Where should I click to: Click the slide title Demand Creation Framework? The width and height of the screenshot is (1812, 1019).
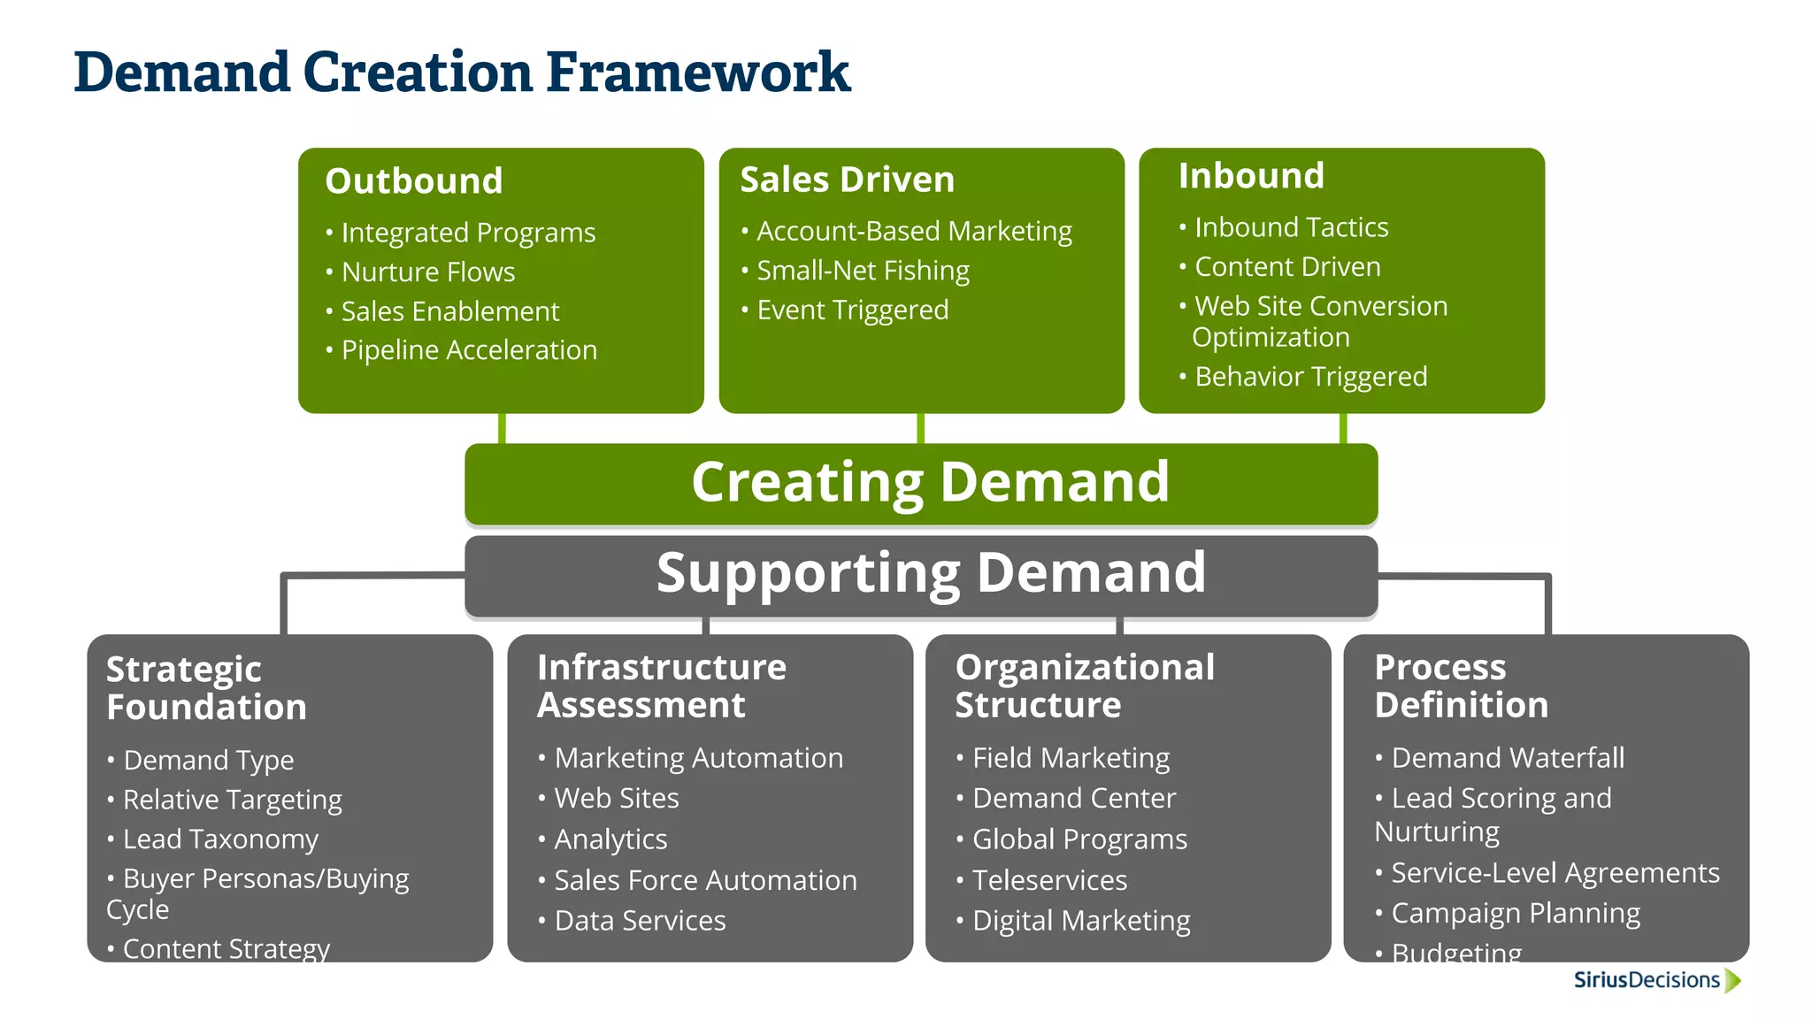461,73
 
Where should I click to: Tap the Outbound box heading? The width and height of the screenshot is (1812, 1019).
413,181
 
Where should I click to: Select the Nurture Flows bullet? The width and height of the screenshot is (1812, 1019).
427,272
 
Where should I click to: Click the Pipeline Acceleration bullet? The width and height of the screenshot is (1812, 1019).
468,350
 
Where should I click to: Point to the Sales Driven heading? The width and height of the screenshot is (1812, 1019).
847,180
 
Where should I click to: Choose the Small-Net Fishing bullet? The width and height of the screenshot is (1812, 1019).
863,271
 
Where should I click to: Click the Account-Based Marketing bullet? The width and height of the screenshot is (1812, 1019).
913,232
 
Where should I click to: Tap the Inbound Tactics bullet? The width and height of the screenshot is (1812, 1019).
1290,228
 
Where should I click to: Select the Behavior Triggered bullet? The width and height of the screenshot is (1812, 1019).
1310,377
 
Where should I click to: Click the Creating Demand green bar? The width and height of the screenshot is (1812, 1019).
921,483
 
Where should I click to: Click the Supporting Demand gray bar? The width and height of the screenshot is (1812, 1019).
921,574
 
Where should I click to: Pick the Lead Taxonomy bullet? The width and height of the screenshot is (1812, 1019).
219,839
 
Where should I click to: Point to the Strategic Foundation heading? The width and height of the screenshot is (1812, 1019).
206,688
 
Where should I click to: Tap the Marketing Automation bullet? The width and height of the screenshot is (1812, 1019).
697,758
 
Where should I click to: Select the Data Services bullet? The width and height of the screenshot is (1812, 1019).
639,921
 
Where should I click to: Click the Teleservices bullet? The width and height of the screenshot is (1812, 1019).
1049,880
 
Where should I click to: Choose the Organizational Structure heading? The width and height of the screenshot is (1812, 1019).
1084,686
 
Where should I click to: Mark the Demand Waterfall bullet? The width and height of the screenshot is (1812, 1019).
1507,758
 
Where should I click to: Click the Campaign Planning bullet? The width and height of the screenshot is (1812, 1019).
1515,913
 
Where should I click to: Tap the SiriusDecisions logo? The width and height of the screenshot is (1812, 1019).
1655,980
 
